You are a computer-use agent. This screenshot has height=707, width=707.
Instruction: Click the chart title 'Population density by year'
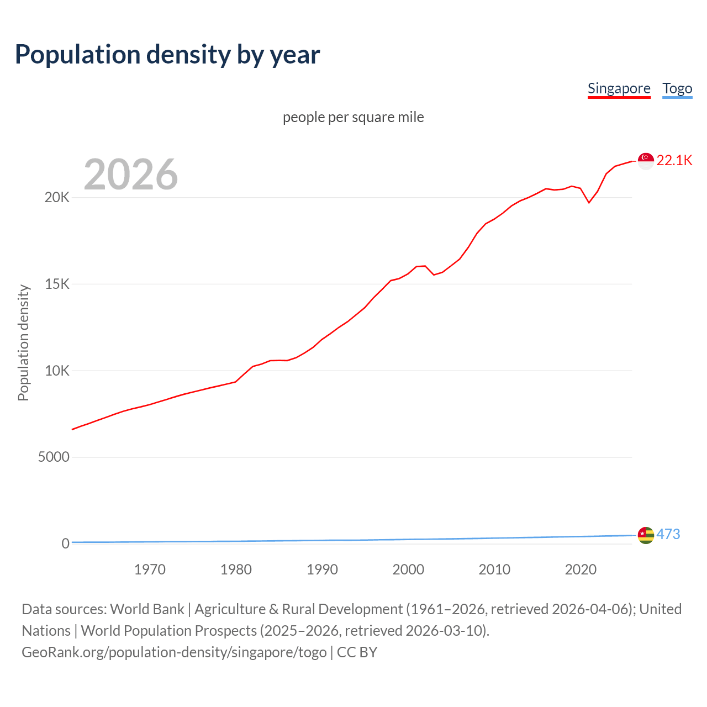[167, 55]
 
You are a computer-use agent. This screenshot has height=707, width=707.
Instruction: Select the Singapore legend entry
[619, 88]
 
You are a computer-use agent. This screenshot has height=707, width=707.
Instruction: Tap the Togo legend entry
[677, 88]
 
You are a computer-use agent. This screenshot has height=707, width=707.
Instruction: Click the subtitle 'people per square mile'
[353, 117]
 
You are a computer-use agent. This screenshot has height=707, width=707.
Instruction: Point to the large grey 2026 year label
[131, 175]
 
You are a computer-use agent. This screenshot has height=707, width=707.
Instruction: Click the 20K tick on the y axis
[57, 198]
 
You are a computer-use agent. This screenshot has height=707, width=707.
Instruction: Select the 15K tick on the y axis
[57, 284]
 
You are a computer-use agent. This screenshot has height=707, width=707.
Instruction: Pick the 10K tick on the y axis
[57, 371]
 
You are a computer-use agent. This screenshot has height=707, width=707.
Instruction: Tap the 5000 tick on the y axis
[54, 457]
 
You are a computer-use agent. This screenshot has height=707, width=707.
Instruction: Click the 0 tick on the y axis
[65, 544]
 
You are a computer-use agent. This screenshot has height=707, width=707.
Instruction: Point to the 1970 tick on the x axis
[150, 569]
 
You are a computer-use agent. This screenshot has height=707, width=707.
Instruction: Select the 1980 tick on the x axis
[236, 569]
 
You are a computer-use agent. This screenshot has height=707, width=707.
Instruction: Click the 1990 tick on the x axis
[322, 569]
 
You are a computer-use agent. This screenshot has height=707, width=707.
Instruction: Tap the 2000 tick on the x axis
[408, 569]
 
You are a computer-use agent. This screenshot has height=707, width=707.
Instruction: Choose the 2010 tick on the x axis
[494, 569]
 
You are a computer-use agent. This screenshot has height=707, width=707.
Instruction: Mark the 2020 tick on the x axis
[581, 569]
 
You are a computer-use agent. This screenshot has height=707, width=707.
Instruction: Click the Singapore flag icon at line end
[646, 161]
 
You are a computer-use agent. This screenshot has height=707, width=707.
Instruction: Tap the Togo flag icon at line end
[646, 535]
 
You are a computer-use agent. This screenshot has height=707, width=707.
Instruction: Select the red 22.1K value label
[674, 160]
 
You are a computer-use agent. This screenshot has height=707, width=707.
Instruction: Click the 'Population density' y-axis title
[23, 342]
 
